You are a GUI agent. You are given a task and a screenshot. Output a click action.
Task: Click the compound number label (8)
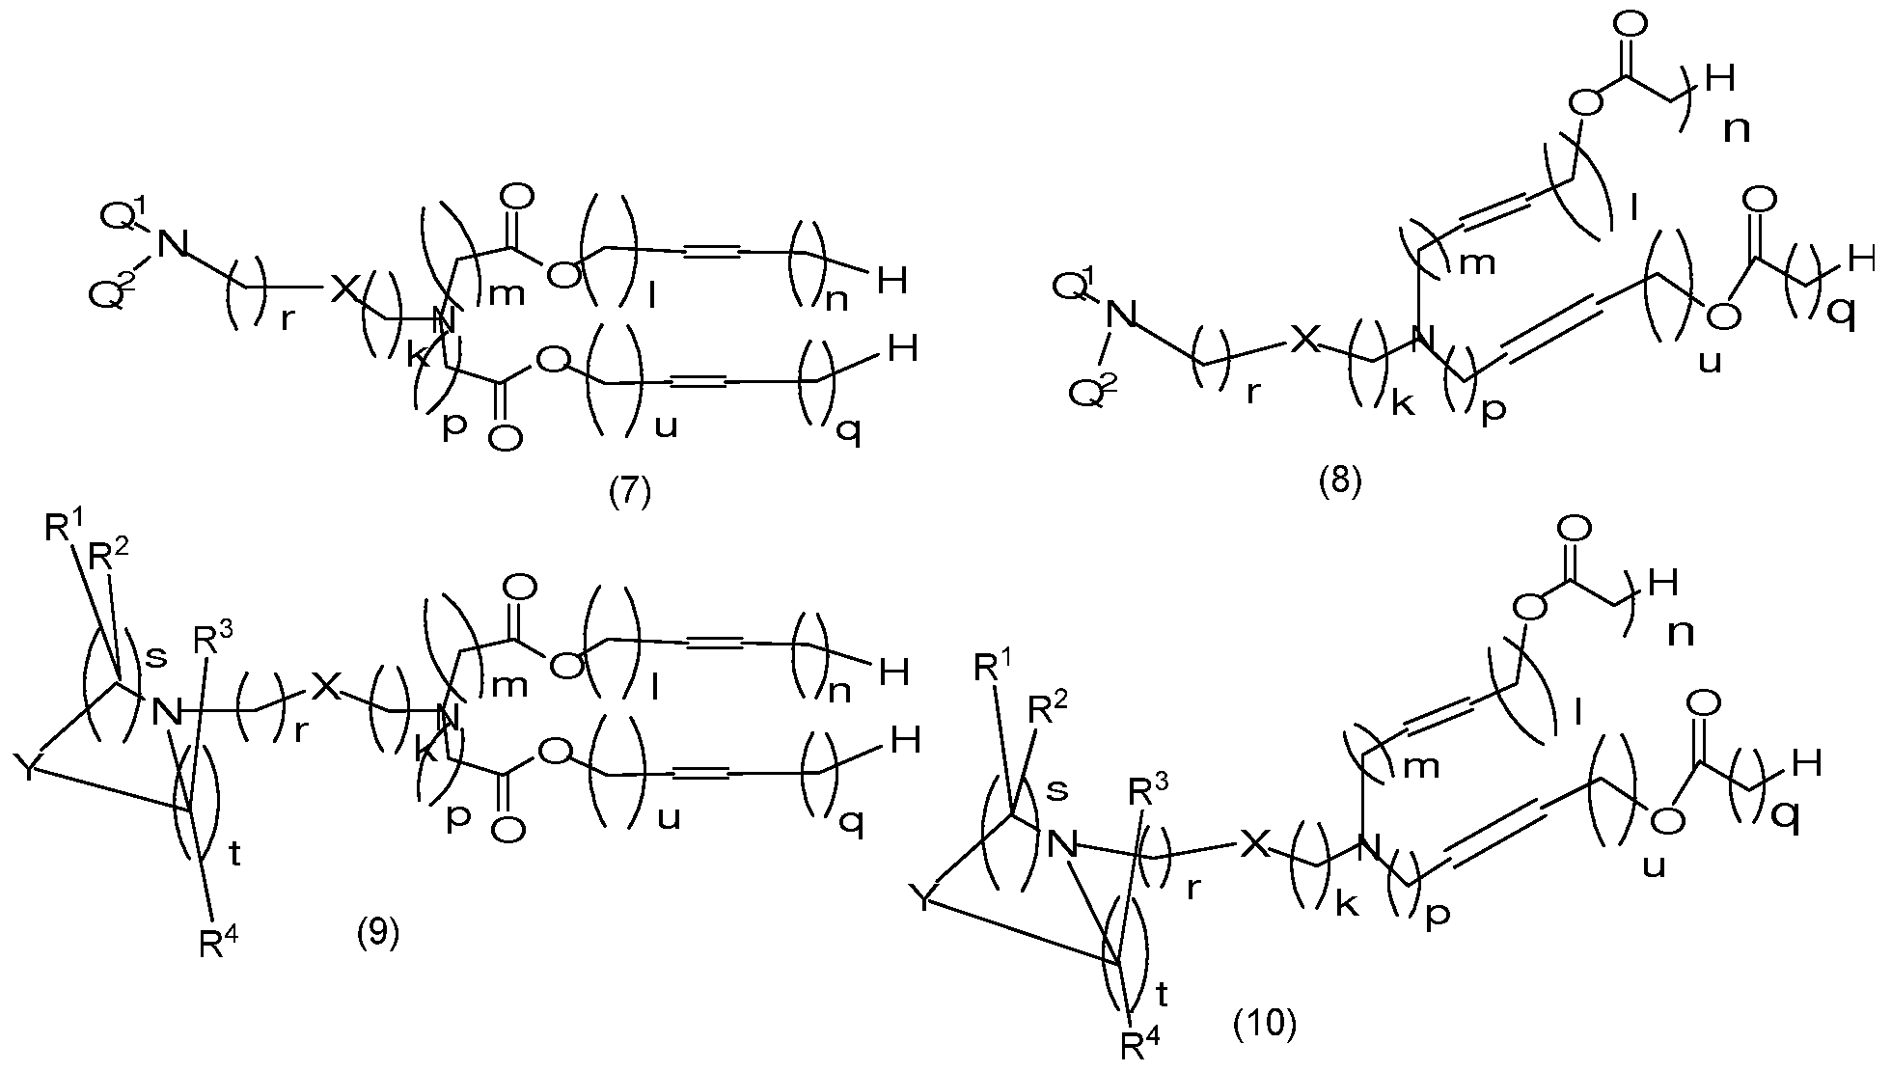pos(1340,480)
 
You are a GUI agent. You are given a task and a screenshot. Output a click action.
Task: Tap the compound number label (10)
pos(1265,1024)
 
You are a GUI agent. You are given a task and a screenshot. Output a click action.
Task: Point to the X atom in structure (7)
pos(343,289)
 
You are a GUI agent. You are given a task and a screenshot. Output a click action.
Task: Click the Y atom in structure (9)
pos(26,769)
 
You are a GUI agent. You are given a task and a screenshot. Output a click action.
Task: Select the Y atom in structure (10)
pos(924,900)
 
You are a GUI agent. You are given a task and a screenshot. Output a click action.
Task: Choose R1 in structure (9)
pos(63,530)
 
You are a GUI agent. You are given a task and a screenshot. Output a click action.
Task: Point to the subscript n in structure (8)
pos(1737,128)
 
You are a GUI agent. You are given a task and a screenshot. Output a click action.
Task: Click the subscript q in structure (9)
pos(849,821)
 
